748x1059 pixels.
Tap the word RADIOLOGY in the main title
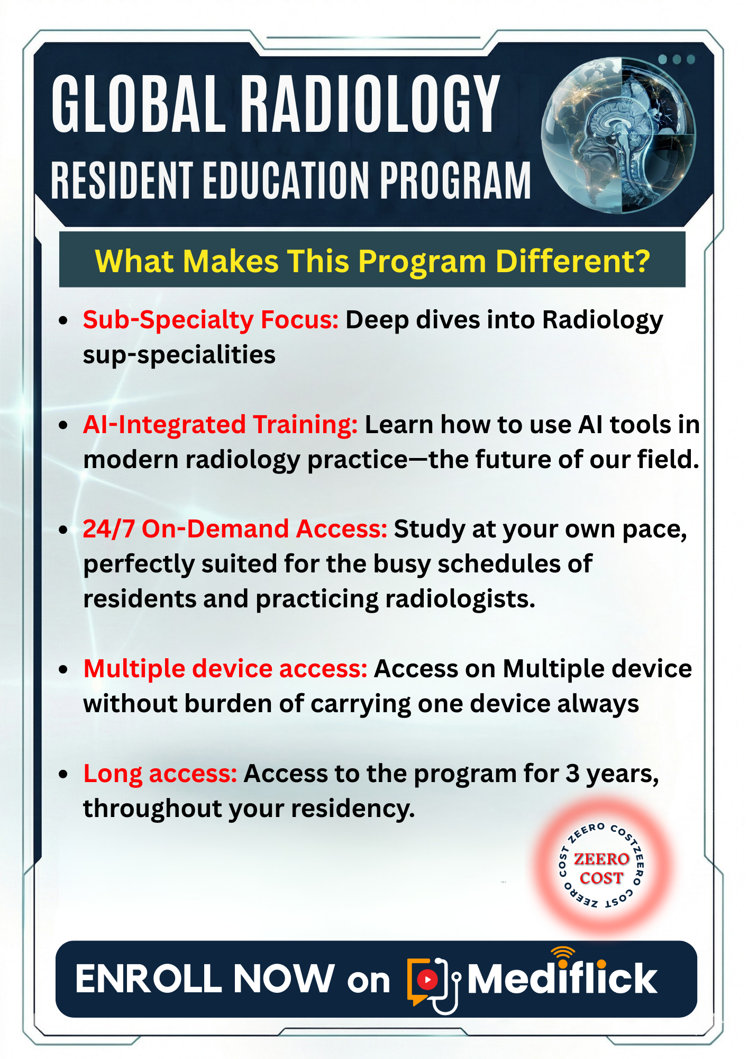tap(371, 104)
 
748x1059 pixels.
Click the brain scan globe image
tap(618, 136)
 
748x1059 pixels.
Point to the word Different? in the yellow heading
tap(573, 261)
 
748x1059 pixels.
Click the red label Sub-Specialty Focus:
tap(211, 320)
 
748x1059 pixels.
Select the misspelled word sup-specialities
tap(179, 355)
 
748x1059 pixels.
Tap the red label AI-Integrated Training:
tap(221, 425)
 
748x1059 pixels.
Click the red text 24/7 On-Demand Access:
tap(235, 529)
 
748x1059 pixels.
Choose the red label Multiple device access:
tap(225, 669)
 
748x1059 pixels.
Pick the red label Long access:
tap(160, 774)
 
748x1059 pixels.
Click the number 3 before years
tap(572, 774)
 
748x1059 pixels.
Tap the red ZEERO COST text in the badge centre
tap(601, 868)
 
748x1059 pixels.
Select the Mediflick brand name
tap(562, 979)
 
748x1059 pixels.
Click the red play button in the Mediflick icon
tap(427, 980)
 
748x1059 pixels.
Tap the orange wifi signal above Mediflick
tap(562, 953)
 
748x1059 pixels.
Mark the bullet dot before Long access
tap(63, 775)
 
